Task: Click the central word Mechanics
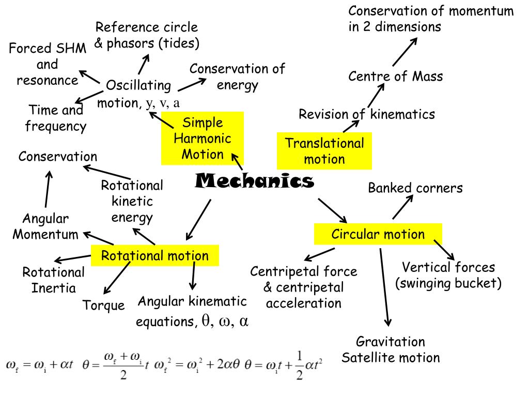[255, 181]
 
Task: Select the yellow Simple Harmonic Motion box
[202, 138]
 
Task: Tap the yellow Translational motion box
[324, 150]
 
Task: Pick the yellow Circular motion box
[378, 234]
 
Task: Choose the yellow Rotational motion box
[154, 255]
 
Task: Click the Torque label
[104, 306]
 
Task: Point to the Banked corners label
[415, 188]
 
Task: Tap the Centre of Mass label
[395, 77]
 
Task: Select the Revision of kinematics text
[367, 114]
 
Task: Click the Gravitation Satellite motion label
[391, 349]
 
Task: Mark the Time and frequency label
[56, 118]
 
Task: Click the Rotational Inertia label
[53, 280]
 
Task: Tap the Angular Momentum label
[45, 226]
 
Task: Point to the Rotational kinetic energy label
[132, 201]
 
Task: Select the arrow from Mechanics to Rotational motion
[198, 218]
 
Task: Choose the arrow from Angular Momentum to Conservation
[48, 189]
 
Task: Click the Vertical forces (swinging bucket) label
[448, 276]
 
